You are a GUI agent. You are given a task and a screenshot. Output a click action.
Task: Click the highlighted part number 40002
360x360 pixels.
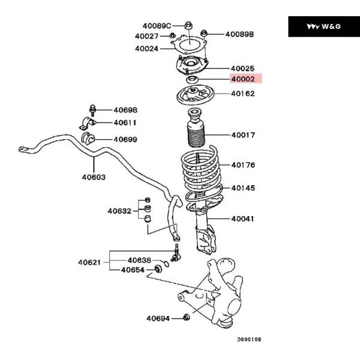[x=243, y=79]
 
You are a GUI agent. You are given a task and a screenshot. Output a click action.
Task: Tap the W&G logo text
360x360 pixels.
[x=331, y=26]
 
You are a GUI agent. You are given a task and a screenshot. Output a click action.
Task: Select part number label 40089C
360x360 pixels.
[x=157, y=26]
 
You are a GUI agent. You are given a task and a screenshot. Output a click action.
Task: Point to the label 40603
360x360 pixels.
[x=94, y=177]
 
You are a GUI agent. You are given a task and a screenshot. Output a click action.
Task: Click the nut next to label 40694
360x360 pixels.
[x=187, y=317]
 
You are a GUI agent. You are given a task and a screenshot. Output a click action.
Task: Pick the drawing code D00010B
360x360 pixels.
[x=250, y=340]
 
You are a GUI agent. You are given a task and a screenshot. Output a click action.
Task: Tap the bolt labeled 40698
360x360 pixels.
[x=92, y=110]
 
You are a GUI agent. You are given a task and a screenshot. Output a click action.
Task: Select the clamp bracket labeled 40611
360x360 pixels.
[x=88, y=124]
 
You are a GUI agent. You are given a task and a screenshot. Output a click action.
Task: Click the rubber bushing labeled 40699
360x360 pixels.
[x=88, y=137]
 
